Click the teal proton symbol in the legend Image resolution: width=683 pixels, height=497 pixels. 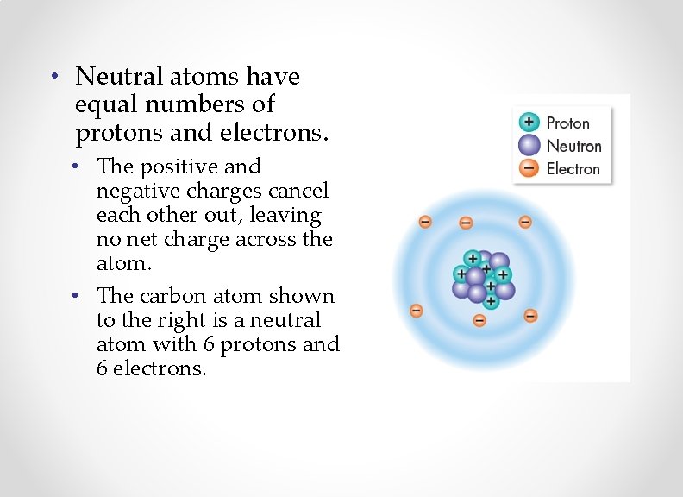coord(529,123)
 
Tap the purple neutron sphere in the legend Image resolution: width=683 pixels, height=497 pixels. coord(529,146)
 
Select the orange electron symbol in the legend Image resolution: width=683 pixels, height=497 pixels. coord(529,168)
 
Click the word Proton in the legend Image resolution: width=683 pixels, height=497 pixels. coord(568,123)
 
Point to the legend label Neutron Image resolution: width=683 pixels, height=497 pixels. coord(573,146)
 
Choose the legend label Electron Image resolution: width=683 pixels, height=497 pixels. coord(573,169)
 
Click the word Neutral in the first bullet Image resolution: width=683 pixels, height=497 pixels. coord(112,77)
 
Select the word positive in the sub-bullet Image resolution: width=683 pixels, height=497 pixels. coord(179,167)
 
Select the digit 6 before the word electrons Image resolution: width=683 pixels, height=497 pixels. coord(103,368)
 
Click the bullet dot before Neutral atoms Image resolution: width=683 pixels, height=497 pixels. coord(53,76)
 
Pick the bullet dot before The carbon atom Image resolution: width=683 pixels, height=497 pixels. coord(77,295)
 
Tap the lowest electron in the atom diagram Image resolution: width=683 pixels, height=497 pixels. coord(479,321)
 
